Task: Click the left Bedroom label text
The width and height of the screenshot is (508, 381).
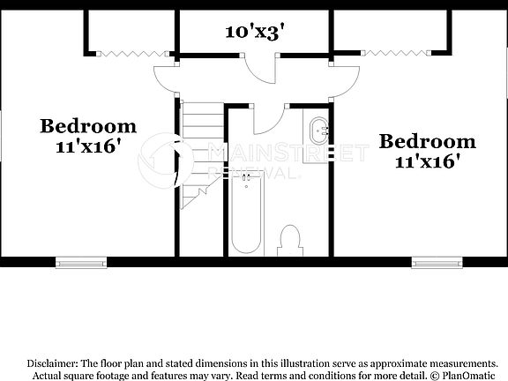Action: pyautogui.click(x=88, y=126)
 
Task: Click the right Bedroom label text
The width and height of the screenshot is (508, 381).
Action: pyautogui.click(x=428, y=141)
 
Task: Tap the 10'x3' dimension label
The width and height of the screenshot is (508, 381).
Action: pyautogui.click(x=254, y=33)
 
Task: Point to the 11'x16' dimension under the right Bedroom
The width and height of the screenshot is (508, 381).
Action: pyautogui.click(x=428, y=161)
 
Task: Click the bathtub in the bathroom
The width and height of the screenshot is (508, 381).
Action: pyautogui.click(x=245, y=212)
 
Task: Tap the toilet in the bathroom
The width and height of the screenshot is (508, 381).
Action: pyautogui.click(x=289, y=240)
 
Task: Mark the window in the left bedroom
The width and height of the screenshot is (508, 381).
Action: pyautogui.click(x=80, y=261)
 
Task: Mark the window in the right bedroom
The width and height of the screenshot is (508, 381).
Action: pyautogui.click(x=437, y=261)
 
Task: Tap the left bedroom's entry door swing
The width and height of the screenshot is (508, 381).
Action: pyautogui.click(x=164, y=81)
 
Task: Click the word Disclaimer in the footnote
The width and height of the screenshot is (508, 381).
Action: pyautogui.click(x=52, y=363)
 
